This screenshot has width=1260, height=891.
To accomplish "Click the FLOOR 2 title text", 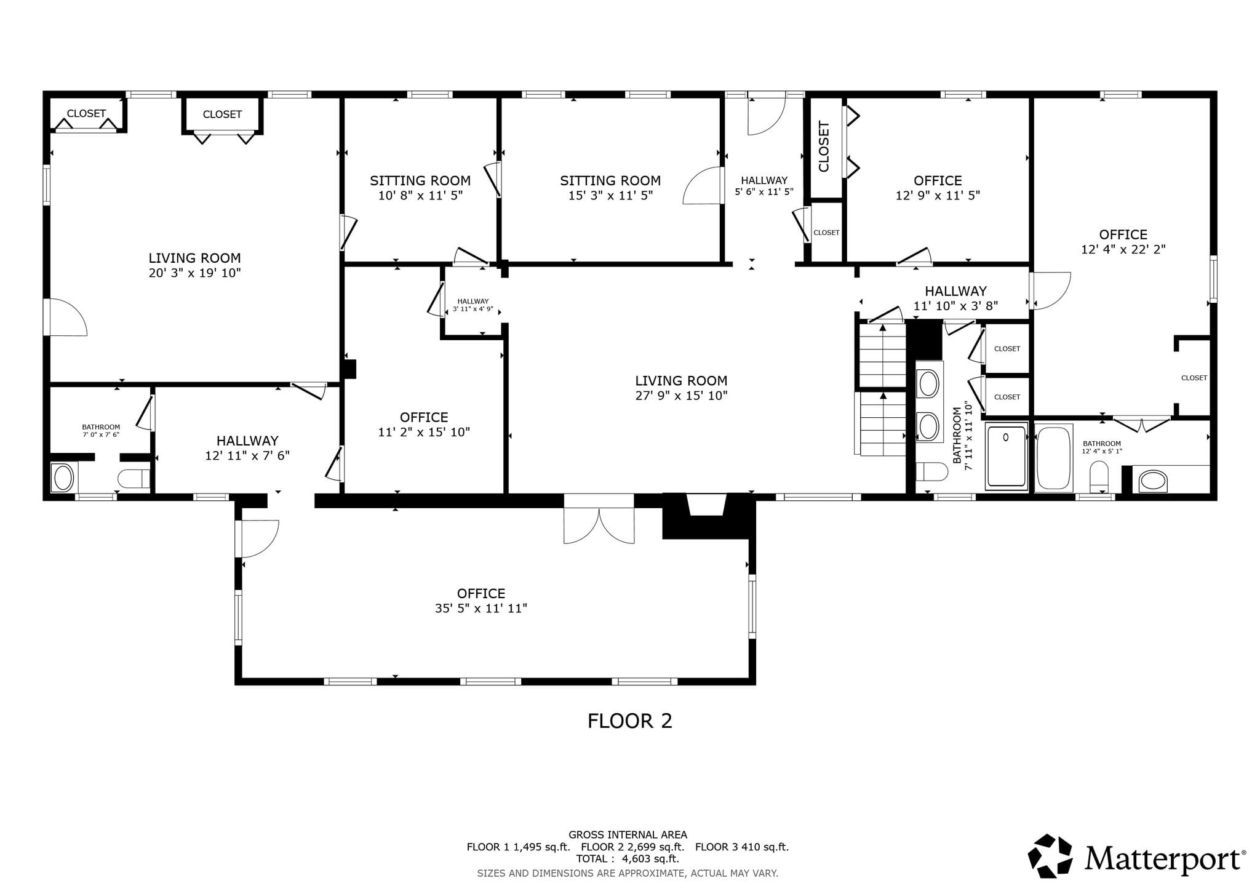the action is tap(629, 721).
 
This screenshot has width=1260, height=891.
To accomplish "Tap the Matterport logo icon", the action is tap(1050, 855).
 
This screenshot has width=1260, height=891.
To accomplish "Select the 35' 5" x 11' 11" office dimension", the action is tap(481, 609).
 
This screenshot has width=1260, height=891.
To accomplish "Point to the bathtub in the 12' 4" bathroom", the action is tap(1054, 458).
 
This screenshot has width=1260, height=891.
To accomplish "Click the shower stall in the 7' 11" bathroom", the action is tap(1007, 456).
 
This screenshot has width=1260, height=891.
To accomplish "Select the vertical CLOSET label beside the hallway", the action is tap(824, 146).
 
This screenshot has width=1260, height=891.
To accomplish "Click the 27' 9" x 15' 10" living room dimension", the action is tap(681, 396).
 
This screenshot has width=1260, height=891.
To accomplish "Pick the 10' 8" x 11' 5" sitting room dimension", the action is tap(420, 196).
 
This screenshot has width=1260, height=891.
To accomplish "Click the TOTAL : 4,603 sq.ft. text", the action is tap(628, 858).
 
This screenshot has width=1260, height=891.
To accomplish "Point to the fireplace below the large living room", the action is tap(708, 516).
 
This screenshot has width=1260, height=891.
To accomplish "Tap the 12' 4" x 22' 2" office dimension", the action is tap(1123, 250).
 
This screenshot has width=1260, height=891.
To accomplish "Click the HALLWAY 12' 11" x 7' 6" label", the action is tap(247, 448).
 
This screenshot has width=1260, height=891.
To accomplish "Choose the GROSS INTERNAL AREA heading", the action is tap(628, 835).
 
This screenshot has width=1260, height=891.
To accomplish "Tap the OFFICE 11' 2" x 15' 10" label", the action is tap(424, 425).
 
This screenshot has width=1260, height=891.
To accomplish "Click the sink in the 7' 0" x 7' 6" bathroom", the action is tap(63, 477).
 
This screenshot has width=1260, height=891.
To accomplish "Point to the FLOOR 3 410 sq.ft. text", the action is tap(742, 847).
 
